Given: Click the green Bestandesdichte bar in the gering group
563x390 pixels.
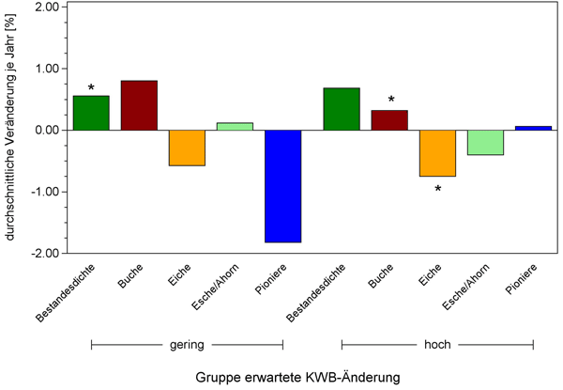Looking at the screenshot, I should click(x=91, y=113).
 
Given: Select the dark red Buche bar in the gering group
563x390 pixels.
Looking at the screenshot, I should click(x=139, y=105).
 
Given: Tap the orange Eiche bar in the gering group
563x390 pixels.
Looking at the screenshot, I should click(x=187, y=148).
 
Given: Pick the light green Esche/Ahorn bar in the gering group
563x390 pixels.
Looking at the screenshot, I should click(x=235, y=126).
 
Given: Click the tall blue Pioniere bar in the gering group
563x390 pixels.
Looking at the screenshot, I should click(x=282, y=186).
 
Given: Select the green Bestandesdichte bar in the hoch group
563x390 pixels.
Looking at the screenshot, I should click(x=342, y=109).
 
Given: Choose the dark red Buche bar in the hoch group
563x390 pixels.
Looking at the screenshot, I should click(x=389, y=120).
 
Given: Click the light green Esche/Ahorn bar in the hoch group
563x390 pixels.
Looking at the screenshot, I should click(x=485, y=142).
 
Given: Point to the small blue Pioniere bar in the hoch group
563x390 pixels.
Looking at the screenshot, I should click(x=533, y=128).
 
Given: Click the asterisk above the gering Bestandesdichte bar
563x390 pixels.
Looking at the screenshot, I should click(x=91, y=89).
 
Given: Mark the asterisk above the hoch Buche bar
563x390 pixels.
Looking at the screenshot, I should click(x=391, y=101).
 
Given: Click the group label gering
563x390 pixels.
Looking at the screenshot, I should click(x=187, y=345).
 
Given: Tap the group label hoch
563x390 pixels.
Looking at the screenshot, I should click(x=437, y=345).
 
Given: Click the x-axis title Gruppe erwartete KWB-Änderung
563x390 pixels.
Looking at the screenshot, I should click(x=297, y=377).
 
